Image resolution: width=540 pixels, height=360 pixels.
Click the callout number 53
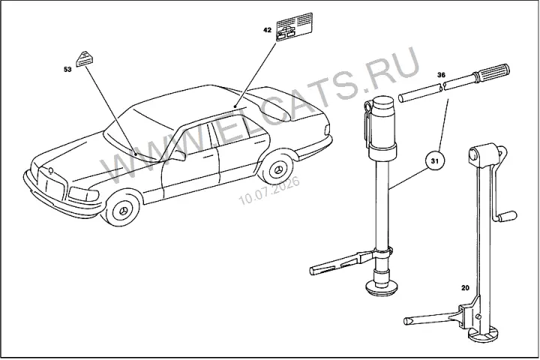coord(67,69)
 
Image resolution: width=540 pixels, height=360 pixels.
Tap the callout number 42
coord(267,30)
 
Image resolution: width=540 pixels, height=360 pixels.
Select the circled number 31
coord(435,161)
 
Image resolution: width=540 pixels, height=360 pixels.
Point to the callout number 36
coord(441,74)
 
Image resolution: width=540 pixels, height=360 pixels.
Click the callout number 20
coord(465,288)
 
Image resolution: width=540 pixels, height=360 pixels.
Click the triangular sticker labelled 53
coord(85,58)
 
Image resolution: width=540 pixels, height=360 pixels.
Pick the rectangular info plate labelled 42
coord(295,26)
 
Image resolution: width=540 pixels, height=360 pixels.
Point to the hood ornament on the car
coord(51,170)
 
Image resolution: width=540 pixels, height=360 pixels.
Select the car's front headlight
coord(84,195)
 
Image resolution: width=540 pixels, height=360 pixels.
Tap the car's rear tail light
coord(327,130)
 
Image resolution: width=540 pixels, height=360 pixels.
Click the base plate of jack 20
coord(484,334)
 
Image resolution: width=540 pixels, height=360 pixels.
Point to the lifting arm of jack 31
coord(340,263)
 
